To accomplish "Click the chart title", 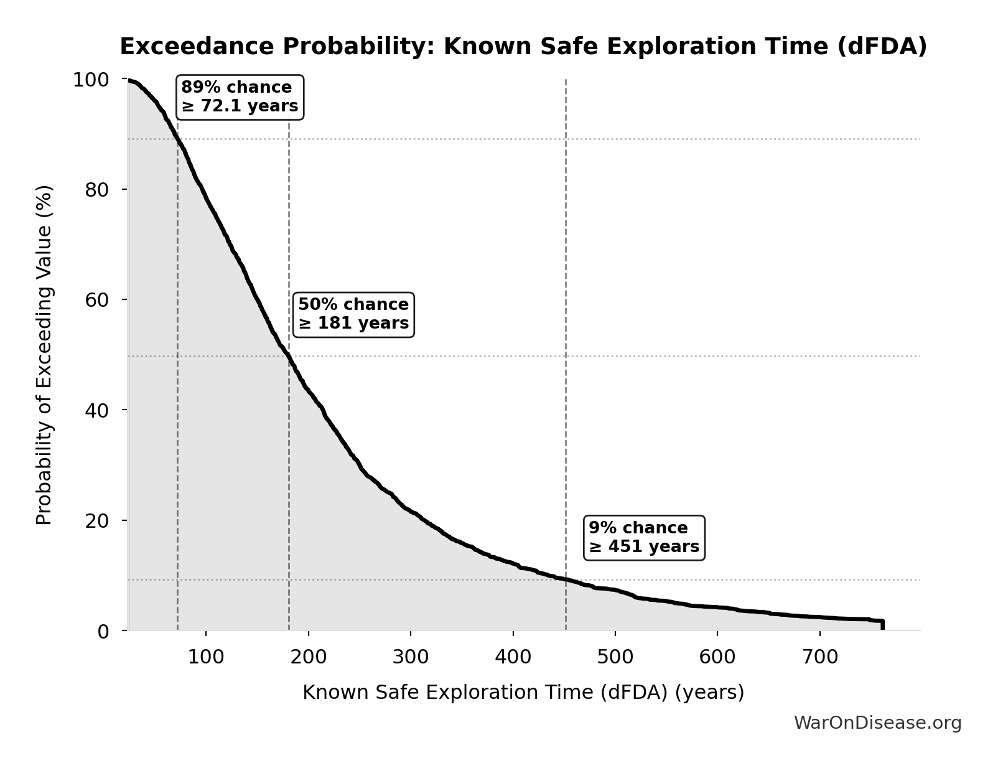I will tap(523, 47).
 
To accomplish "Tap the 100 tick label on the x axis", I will tap(206, 657).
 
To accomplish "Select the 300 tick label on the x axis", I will tap(411, 657).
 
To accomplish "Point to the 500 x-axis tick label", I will tap(615, 657).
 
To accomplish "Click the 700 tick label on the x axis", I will tap(820, 657).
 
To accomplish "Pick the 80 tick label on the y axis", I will tap(97, 190).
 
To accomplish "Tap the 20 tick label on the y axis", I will tap(97, 520).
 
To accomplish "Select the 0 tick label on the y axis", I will tap(103, 631).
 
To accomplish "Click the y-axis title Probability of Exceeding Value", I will tap(44, 355).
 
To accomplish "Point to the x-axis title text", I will tap(523, 692).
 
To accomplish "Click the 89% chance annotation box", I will tap(240, 97).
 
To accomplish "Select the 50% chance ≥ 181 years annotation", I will tap(353, 314).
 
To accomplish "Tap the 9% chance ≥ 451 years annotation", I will tap(644, 538).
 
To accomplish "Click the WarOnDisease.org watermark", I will tap(877, 723).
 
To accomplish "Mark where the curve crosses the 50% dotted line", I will tap(289, 356).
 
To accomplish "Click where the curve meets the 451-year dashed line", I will tap(566, 579).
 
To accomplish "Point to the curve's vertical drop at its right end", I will tap(882, 625).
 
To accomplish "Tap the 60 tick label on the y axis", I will tap(97, 300).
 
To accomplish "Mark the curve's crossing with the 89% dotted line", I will tap(178, 139).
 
